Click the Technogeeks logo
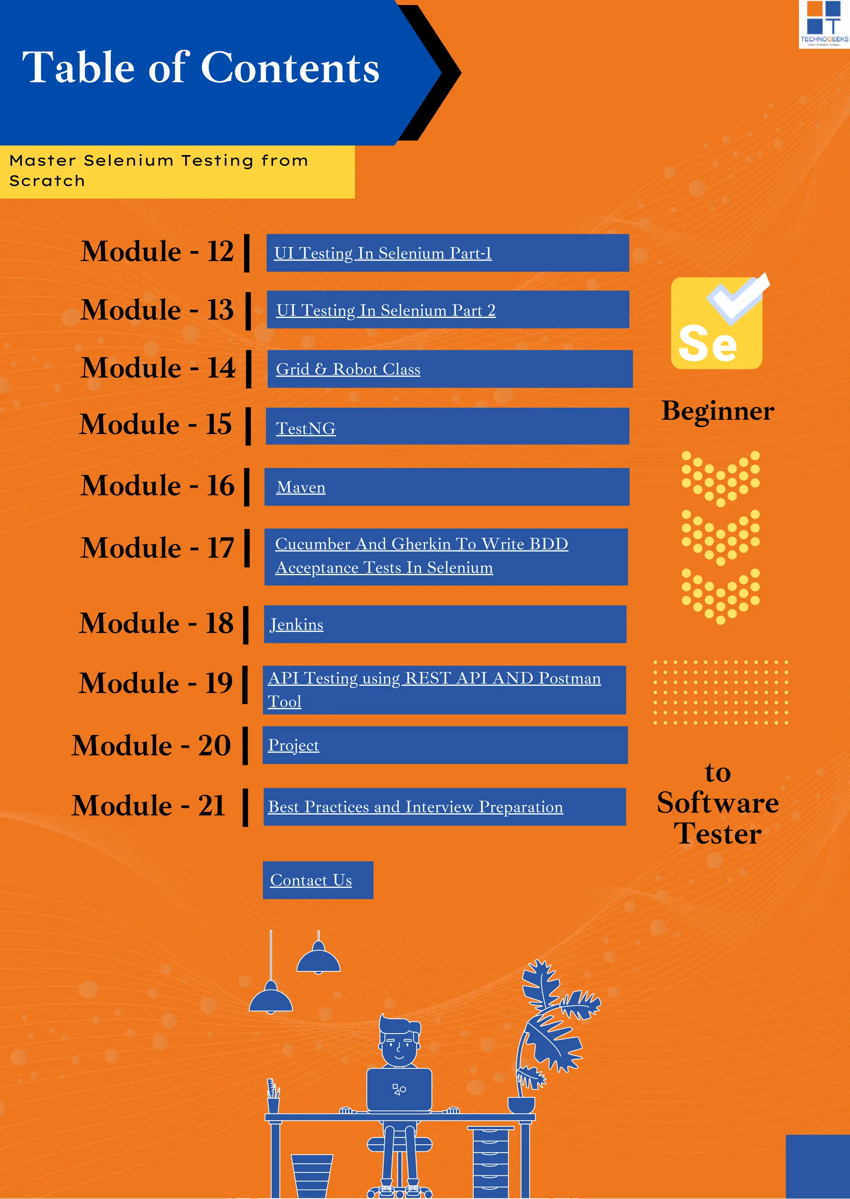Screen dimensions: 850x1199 tap(823, 24)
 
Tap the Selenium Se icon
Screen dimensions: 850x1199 tap(716, 323)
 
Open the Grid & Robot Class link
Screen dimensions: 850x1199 tap(348, 369)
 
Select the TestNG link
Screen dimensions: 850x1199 tap(305, 428)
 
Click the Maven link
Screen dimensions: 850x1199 tap(301, 487)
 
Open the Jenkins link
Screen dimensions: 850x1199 tap(296, 625)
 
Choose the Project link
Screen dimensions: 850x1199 tap(293, 745)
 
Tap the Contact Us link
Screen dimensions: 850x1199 tap(311, 880)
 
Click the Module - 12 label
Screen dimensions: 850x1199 tap(157, 252)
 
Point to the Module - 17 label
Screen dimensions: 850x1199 tap(157, 548)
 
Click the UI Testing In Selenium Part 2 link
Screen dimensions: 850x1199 tap(386, 311)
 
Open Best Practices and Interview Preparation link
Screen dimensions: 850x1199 tap(415, 807)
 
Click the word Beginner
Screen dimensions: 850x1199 tap(718, 411)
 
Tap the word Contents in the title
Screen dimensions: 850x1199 tap(290, 68)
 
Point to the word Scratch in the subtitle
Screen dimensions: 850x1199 tap(47, 181)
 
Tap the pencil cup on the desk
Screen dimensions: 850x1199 tap(273, 1099)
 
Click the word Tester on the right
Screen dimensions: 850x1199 tap(718, 833)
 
